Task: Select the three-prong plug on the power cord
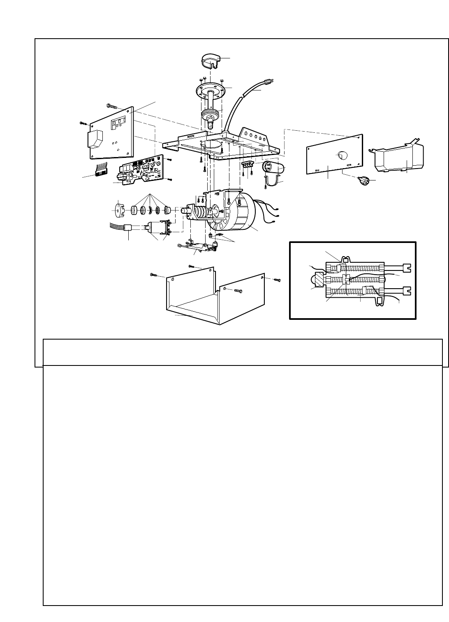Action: click(x=270, y=82)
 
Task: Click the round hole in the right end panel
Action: click(x=342, y=155)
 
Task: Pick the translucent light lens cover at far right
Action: click(x=399, y=157)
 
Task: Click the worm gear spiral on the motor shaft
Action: click(x=200, y=210)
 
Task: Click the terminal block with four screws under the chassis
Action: click(x=247, y=164)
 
